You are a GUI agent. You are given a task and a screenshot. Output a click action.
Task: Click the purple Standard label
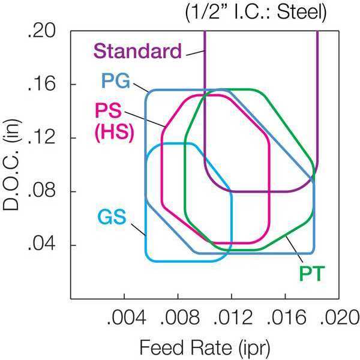137,51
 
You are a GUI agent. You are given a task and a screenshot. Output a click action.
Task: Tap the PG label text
116,81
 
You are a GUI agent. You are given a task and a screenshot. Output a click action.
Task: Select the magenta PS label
109,110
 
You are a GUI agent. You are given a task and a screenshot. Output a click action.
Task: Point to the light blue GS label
112,217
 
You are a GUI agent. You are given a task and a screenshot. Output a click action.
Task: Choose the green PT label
312,274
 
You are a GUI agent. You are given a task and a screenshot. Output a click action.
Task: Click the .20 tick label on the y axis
41,31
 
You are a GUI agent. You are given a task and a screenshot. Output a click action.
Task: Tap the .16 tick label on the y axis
41,84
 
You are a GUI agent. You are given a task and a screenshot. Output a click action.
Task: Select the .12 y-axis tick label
41,138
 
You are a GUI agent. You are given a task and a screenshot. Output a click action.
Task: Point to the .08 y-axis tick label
41,191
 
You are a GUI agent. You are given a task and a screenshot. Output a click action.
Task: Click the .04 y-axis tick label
41,245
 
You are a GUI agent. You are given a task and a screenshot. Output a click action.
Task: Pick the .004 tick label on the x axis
127,317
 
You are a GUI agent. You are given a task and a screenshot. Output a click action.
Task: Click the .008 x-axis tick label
180,317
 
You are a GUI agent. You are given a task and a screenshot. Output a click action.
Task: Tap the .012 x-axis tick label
233,317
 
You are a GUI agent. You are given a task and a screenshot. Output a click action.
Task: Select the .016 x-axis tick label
287,317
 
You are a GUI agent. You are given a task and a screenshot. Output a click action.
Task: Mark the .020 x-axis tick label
340,317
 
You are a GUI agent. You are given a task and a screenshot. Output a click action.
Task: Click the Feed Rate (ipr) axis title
205,347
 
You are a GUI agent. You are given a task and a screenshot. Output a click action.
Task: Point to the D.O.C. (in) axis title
11,164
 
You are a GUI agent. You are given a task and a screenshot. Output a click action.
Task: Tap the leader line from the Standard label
196,53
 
